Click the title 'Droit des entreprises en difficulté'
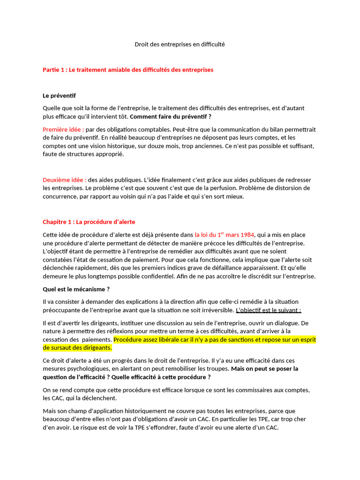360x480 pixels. [x=180, y=45]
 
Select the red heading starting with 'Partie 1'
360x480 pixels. [x=127, y=70]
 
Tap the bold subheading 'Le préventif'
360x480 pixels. [x=59, y=96]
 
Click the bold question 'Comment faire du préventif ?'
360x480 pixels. [x=171, y=117]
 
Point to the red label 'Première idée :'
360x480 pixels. [x=63, y=129]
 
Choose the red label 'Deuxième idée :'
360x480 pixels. [x=64, y=180]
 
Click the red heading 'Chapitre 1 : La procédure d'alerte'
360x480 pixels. [x=89, y=222]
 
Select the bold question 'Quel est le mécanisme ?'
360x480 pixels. [x=76, y=289]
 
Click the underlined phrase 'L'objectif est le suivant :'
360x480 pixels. [x=268, y=310]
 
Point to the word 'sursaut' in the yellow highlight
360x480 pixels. [x=60, y=348]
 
